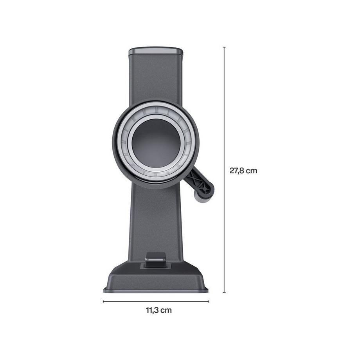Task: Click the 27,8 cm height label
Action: pyautogui.click(x=243, y=171)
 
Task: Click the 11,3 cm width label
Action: pyautogui.click(x=159, y=310)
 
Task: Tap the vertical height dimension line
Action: pyautogui.click(x=224, y=170)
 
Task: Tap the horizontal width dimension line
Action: pyautogui.click(x=156, y=301)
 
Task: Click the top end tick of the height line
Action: pyautogui.click(x=224, y=47)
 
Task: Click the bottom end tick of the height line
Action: pyautogui.click(x=224, y=292)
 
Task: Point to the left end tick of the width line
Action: pyautogui.click(x=103, y=301)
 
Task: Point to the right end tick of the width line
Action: pyautogui.click(x=209, y=301)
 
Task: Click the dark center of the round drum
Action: pyautogui.click(x=156, y=143)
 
